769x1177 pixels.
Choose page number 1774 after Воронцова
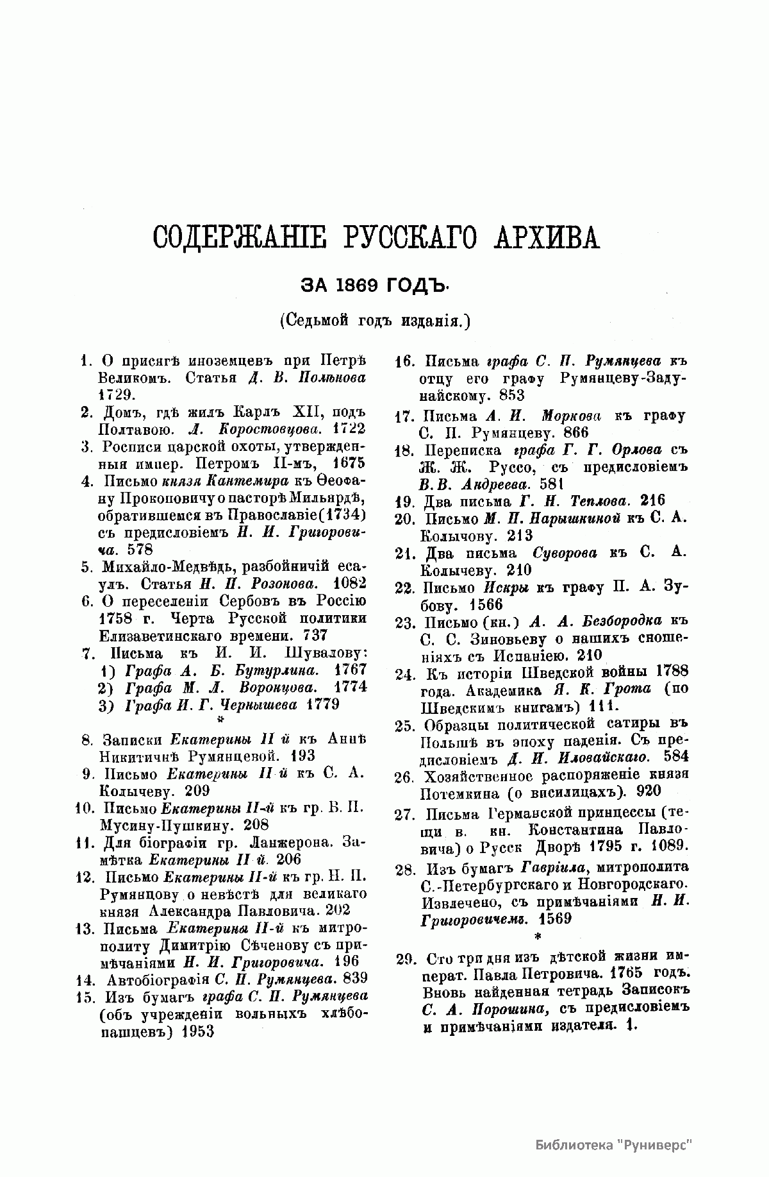[351, 687]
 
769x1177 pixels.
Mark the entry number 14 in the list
[86, 979]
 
